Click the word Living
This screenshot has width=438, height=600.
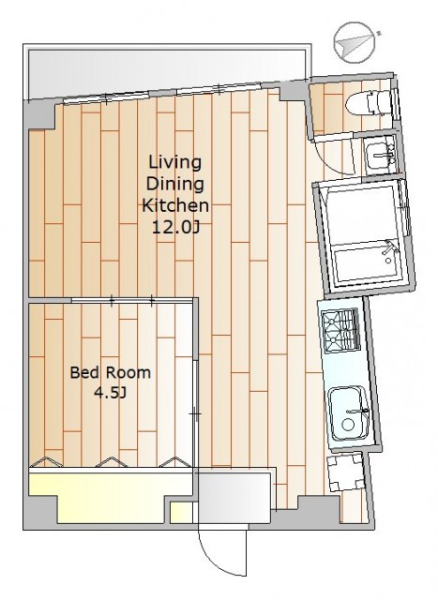pyautogui.click(x=175, y=163)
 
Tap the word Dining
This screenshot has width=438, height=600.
pyautogui.click(x=175, y=184)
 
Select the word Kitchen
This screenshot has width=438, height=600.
pyautogui.click(x=175, y=206)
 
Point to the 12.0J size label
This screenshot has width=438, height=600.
pyautogui.click(x=175, y=228)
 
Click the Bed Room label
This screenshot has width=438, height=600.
pyautogui.click(x=111, y=372)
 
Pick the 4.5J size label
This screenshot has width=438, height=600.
pyautogui.click(x=111, y=393)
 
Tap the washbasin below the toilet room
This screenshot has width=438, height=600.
pyautogui.click(x=380, y=157)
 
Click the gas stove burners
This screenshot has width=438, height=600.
pyautogui.click(x=340, y=331)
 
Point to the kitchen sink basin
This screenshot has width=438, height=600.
pyautogui.click(x=348, y=413)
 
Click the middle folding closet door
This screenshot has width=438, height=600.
pyautogui.click(x=112, y=462)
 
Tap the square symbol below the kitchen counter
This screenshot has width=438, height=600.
pyautogui.click(x=345, y=472)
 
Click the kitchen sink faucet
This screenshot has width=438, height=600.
pyautogui.click(x=357, y=412)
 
